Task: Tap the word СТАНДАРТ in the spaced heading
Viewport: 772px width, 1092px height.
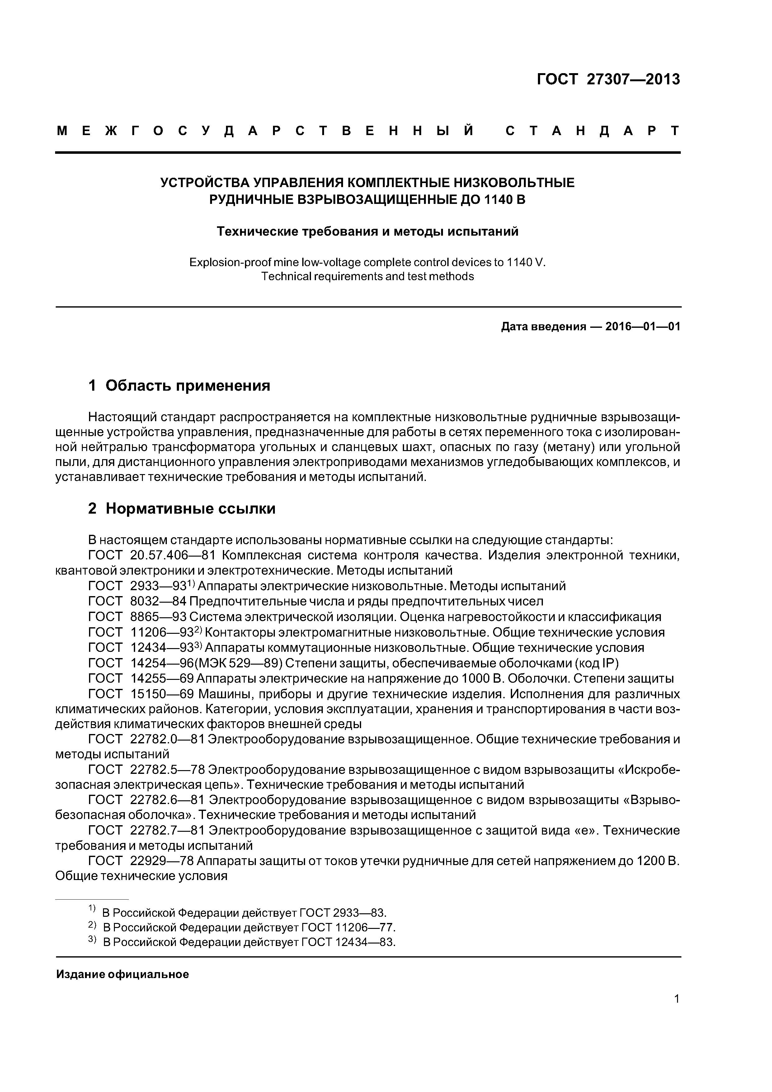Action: [592, 131]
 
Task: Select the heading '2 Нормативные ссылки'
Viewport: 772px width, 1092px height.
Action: [182, 509]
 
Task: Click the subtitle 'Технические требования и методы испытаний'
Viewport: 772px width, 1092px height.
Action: [367, 232]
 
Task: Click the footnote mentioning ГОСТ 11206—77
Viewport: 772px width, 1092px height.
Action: [249, 927]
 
